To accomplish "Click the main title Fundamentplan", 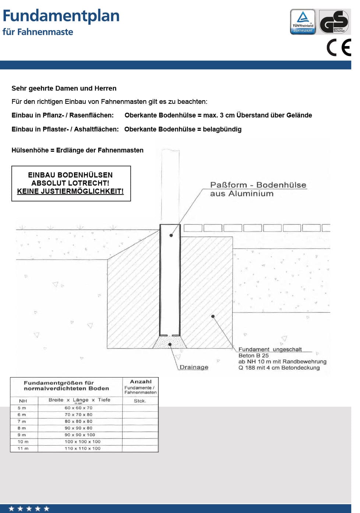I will pos(61,16).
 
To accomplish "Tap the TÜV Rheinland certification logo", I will pos(303,22).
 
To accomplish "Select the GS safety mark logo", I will pos(333,22).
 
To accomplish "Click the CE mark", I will pos(339,48).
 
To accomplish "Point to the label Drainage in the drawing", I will pos(194,367).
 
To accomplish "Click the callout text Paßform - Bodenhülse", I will pos(258,185).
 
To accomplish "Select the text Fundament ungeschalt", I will pos(270,349).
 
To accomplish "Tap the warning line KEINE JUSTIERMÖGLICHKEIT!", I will pos(70,191).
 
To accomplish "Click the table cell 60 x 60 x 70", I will pos(78,408).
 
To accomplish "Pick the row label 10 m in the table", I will pos(23,442).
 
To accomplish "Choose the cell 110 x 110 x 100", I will pos(82,449).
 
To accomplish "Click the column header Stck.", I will pos(140,401).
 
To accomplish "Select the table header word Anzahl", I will pos(141,382).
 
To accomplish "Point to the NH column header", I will pos(23,401).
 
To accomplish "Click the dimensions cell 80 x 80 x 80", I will pos(78,421).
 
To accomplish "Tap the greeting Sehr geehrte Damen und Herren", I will pos(64,88).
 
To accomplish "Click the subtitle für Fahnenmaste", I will pos(38,32).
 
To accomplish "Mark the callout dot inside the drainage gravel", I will pos(170,345).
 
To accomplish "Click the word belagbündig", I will pos(222,129).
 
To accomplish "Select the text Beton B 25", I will pos(253,356).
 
